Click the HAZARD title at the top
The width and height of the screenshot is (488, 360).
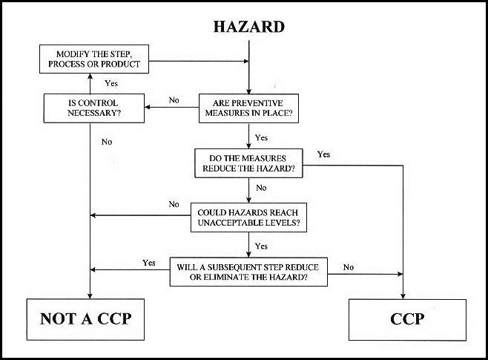pos(248,27)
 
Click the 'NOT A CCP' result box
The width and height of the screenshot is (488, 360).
pos(84,319)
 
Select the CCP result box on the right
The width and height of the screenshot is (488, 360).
pos(406,320)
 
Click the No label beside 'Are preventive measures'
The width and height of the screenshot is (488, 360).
pos(174,99)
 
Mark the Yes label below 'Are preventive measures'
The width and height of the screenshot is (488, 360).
pos(261,138)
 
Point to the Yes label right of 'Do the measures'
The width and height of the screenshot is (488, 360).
pos(323,154)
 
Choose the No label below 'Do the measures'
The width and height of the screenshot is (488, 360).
pos(261,189)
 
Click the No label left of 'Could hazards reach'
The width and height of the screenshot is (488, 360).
pos(174,204)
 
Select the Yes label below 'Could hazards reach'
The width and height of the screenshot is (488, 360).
pos(261,246)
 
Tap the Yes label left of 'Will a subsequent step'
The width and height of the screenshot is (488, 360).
pos(148,262)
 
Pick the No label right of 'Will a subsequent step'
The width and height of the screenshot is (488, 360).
pos(349,266)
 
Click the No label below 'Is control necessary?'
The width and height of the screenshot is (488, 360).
pos(107,141)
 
